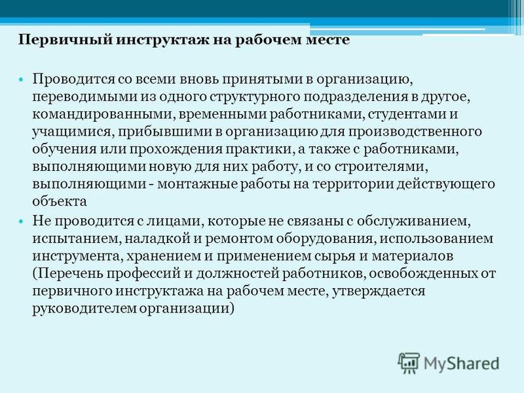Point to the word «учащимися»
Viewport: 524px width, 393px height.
coord(71,132)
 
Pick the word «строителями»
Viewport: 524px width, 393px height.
coord(382,166)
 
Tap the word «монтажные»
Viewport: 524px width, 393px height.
coord(197,184)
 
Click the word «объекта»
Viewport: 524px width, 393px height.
coord(60,202)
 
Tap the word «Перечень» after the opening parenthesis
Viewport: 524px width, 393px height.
coord(70,274)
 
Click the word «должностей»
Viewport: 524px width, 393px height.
coord(238,274)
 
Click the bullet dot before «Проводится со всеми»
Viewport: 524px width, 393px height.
coord(22,80)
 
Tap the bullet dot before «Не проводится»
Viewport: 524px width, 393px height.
coord(22,222)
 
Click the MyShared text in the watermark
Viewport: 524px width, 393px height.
coord(461,364)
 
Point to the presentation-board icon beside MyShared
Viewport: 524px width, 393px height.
coord(409,363)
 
